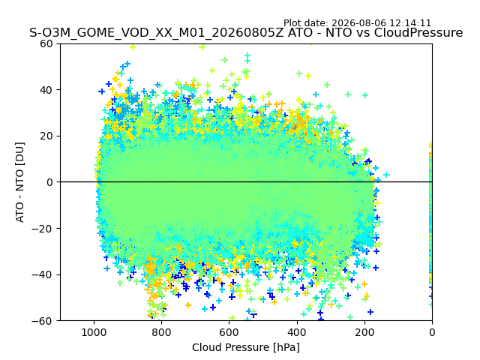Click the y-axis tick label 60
(x=46, y=43)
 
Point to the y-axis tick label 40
(x=46, y=90)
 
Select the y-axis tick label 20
(x=46, y=136)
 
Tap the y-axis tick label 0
(x=49, y=182)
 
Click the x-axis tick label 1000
(x=94, y=332)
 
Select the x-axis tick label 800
(x=162, y=332)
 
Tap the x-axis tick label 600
(x=229, y=332)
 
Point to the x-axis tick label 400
(x=297, y=332)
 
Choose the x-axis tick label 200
(x=364, y=332)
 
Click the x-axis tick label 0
(x=432, y=332)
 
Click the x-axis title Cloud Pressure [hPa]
(x=246, y=348)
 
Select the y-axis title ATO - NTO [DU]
(x=19, y=182)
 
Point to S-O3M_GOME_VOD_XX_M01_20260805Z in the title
(x=157, y=33)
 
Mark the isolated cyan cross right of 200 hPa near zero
(x=387, y=175)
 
